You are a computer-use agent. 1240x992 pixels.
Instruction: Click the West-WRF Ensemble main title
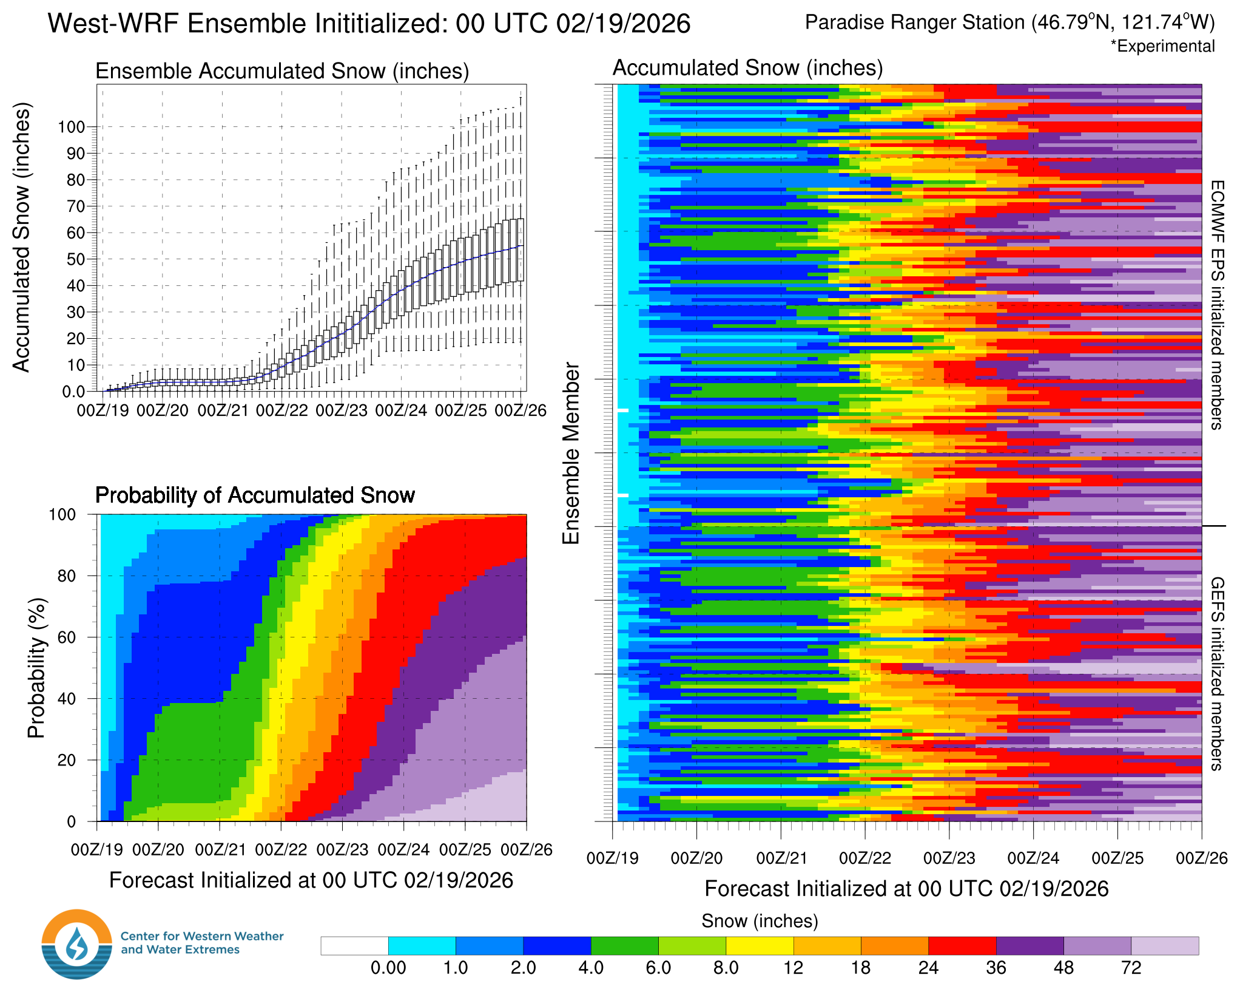point(369,24)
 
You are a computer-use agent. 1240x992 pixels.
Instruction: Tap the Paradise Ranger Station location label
point(1009,22)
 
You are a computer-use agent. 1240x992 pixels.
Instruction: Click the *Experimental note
point(1162,47)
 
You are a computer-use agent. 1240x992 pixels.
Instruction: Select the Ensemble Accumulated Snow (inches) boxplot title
point(282,71)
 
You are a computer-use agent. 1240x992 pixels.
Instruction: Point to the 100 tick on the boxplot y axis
point(71,127)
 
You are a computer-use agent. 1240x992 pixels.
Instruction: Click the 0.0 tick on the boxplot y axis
point(73,392)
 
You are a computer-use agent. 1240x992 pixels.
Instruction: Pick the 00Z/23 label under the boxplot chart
point(342,411)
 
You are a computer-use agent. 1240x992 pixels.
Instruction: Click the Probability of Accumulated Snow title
point(255,495)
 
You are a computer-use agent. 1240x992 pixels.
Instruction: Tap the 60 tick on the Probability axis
point(67,637)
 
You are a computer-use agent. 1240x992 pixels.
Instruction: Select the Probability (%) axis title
point(36,668)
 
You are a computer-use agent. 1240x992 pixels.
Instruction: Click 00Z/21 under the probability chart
point(220,850)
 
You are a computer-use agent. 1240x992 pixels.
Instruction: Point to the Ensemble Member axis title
point(571,453)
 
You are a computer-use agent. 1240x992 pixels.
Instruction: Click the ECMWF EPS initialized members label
point(1217,305)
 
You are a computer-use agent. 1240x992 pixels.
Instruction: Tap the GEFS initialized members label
point(1217,674)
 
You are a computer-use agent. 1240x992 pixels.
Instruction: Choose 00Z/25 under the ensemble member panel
point(1117,858)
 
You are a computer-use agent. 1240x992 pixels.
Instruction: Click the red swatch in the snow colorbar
point(962,946)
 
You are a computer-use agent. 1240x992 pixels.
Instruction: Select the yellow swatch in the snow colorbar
point(760,946)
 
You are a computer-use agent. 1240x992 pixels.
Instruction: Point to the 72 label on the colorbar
point(1131,968)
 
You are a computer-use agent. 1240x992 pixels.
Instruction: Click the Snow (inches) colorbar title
point(760,921)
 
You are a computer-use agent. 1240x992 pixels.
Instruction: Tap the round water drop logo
point(77,944)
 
